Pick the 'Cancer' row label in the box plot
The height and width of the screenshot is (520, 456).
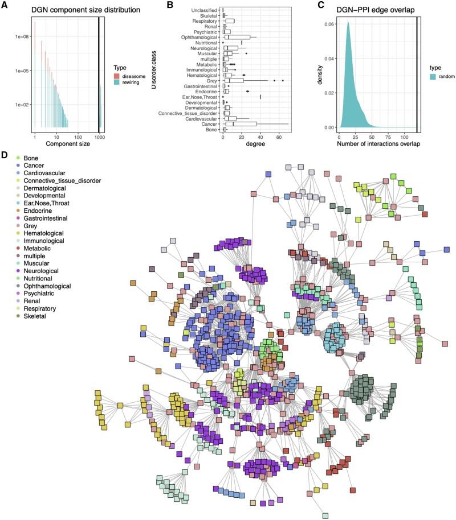click(209, 123)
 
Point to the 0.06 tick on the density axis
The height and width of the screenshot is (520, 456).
click(328, 25)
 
